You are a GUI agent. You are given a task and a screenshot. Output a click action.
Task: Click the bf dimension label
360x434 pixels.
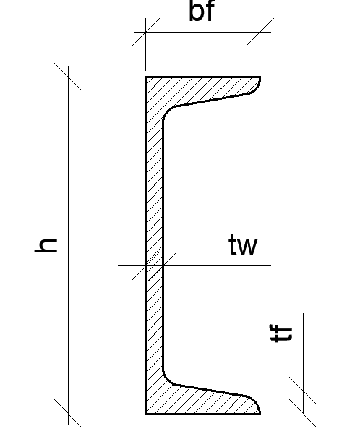click(202, 11)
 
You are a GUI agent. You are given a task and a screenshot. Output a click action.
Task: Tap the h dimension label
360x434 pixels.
click(46, 246)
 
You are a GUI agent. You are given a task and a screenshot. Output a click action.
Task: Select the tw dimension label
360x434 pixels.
click(244, 244)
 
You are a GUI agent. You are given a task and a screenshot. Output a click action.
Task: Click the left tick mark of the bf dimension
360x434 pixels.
click(145, 32)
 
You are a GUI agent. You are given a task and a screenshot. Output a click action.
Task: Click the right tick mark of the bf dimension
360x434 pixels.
click(260, 32)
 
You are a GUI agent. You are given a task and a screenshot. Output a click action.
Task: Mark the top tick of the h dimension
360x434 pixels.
click(69, 77)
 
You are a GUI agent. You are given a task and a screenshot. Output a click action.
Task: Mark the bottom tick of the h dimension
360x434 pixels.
click(69, 414)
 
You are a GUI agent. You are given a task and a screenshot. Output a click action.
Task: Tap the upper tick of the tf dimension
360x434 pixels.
click(304, 391)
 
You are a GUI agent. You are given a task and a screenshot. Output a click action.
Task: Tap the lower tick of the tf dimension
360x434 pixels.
click(304, 414)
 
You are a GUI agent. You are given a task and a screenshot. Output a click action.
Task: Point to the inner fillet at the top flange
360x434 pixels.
click(166, 111)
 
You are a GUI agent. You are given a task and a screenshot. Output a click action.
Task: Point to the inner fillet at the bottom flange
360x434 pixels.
click(166, 380)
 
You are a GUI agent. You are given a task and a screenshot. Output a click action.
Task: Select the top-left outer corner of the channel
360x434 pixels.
click(145, 77)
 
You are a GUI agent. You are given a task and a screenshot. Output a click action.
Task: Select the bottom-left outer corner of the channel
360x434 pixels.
click(145, 414)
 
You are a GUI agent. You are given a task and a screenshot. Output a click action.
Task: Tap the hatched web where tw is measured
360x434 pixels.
click(154, 265)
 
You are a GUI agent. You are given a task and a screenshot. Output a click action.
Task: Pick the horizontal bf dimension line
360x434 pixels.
click(202, 32)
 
